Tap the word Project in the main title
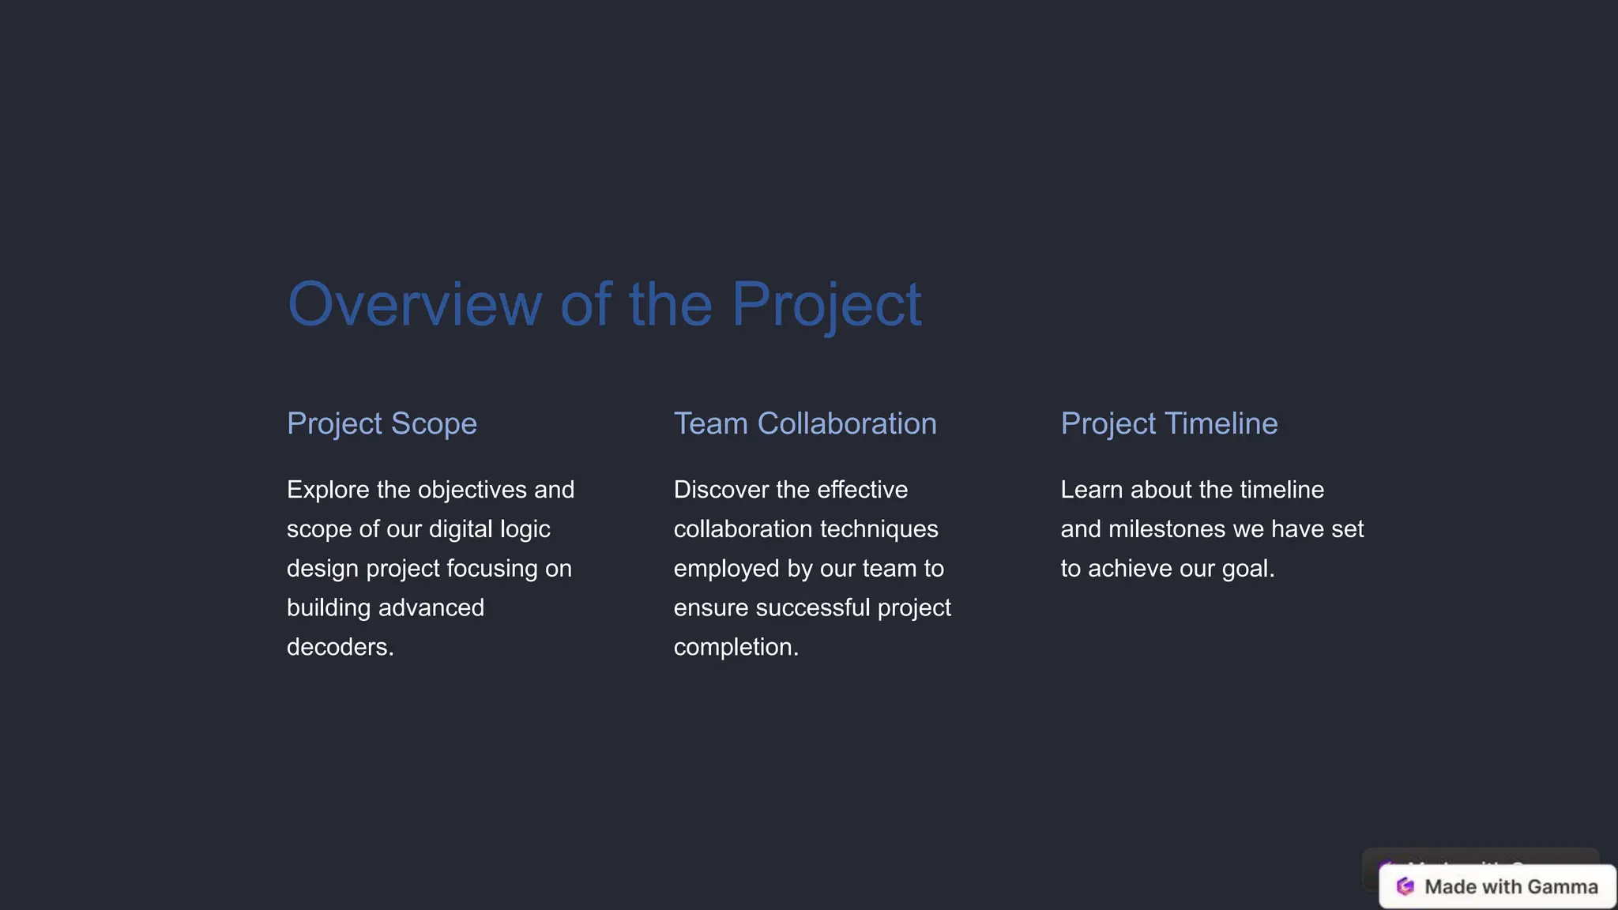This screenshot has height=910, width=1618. coord(826,304)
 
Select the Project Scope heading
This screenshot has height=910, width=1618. coord(382,423)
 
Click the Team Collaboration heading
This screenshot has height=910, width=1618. coord(805,423)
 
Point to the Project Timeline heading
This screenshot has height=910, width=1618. coord(1168,423)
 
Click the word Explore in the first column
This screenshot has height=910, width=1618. coord(328,490)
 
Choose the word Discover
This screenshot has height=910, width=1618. coord(721,490)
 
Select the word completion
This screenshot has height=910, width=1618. coord(734,647)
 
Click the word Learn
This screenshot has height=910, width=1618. coord(1092,490)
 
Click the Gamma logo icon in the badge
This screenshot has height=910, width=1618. coord(1405,886)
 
